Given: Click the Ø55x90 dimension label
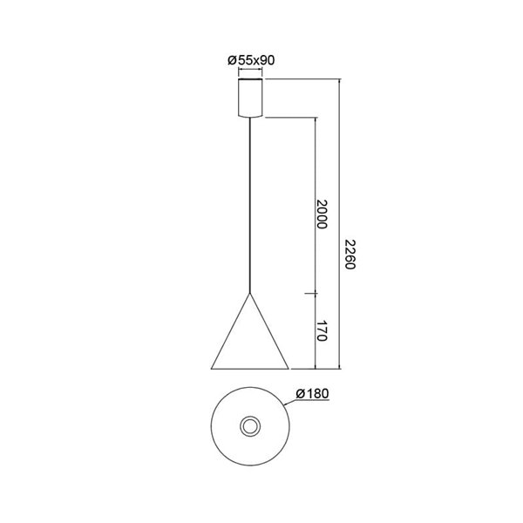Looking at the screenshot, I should pyautogui.click(x=251, y=59).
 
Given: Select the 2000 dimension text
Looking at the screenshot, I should pyautogui.click(x=322, y=214).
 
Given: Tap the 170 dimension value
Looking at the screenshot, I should pyautogui.click(x=322, y=330).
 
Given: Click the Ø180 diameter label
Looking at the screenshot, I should pyautogui.click(x=311, y=394).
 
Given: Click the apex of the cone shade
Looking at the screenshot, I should pyautogui.click(x=251, y=294).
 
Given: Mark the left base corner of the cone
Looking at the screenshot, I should pyautogui.click(x=210, y=366).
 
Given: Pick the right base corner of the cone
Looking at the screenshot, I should pyautogui.click(x=292, y=366).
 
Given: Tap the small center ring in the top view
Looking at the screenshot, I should pyautogui.click(x=251, y=426).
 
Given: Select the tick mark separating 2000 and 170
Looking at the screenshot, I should pyautogui.click(x=315, y=295).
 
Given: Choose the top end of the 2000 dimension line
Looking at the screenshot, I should pyautogui.click(x=315, y=118).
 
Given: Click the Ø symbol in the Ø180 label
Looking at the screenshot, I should pyautogui.click(x=300, y=394).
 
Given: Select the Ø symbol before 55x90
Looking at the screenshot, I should pyautogui.click(x=231, y=59).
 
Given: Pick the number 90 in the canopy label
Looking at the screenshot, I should pyautogui.click(x=268, y=59).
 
